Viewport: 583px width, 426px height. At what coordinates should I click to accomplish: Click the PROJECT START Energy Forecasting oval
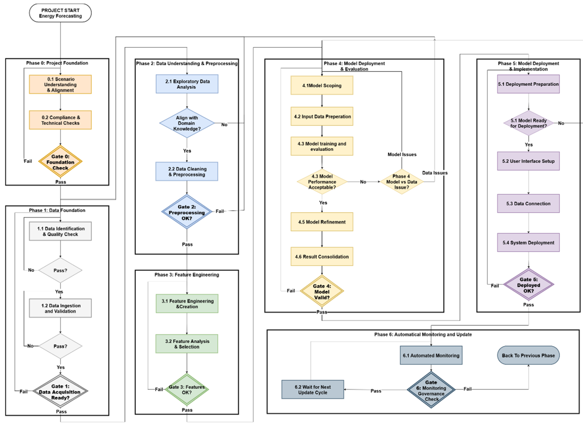pos(60,13)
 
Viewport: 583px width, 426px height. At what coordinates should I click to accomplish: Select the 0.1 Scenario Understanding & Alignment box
pos(60,84)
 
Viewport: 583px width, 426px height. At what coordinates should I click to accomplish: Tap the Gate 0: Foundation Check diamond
pos(60,162)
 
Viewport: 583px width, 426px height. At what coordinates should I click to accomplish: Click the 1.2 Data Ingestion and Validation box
pos(60,308)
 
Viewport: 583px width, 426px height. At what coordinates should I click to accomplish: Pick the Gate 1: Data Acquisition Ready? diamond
pos(60,392)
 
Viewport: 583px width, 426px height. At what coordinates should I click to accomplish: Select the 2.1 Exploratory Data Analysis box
pos(187,84)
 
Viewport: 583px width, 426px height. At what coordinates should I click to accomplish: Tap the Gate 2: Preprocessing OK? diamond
pos(187,212)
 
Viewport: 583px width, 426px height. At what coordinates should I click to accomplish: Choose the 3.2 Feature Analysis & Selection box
pos(187,344)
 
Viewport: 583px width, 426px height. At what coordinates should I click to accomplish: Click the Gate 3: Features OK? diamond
pos(187,389)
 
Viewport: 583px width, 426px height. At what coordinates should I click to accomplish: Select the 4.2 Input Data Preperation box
pos(322,116)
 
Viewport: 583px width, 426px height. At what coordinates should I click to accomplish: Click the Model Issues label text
pos(402,154)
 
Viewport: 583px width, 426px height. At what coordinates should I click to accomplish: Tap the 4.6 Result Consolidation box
pos(322,257)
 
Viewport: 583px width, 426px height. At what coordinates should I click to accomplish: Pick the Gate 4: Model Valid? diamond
pos(322,291)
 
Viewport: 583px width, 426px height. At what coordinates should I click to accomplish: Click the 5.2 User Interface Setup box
pos(528,161)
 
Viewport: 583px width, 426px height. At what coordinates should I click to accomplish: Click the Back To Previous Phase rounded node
pos(528,355)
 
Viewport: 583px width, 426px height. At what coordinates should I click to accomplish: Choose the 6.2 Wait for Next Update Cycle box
pos(313,389)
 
